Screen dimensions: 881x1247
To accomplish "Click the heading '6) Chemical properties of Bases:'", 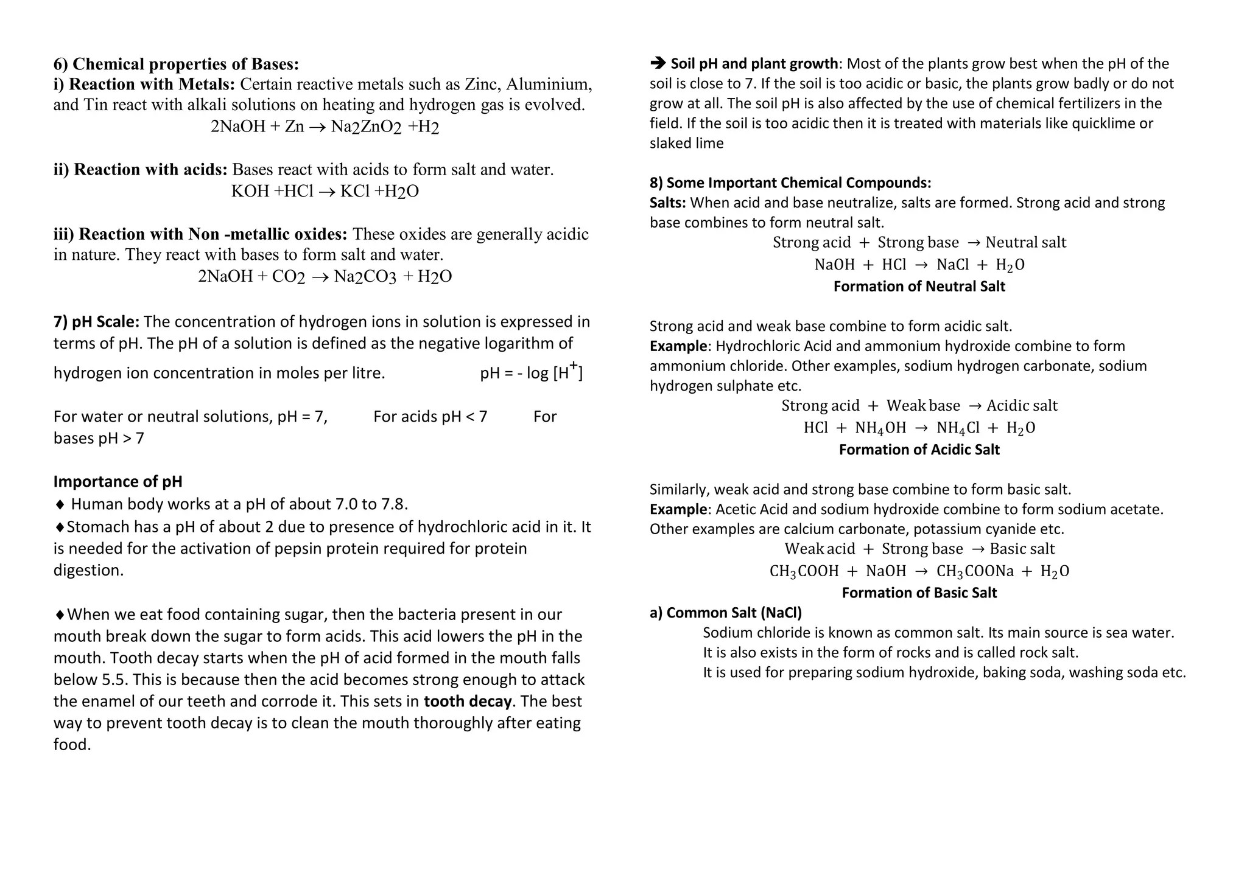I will click(176, 64).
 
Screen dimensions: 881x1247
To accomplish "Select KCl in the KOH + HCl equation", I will click(354, 191).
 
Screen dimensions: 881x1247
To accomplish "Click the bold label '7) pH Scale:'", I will click(96, 322).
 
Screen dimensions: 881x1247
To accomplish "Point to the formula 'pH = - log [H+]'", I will click(531, 372).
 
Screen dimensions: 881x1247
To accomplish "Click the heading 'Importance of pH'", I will click(118, 482).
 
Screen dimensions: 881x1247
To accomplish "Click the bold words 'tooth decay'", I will click(467, 702).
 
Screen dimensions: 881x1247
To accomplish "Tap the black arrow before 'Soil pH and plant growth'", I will click(658, 63).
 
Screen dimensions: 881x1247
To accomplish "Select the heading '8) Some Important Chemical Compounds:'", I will click(790, 183).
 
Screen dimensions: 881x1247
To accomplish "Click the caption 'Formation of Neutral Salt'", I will click(919, 287).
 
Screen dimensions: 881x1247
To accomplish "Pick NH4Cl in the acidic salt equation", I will click(958, 428).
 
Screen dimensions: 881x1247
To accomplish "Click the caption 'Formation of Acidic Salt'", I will click(919, 450).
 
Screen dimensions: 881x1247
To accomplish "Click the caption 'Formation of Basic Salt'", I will click(919, 593).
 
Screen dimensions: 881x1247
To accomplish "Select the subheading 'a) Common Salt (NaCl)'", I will click(725, 613).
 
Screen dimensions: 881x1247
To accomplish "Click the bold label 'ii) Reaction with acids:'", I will click(140, 169).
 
